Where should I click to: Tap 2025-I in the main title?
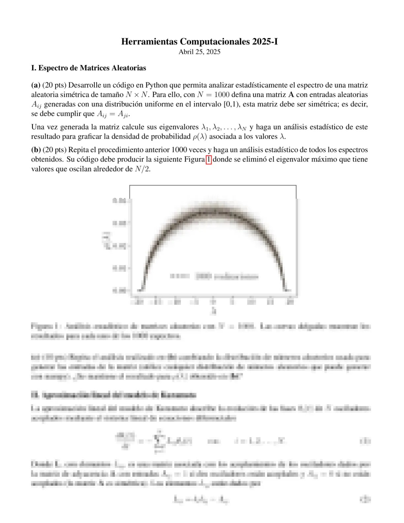[x=265, y=42]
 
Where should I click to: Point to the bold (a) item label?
[x=36, y=85]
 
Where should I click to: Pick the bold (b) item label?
[x=36, y=150]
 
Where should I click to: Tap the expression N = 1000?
[x=211, y=95]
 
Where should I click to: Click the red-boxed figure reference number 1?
[x=208, y=159]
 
